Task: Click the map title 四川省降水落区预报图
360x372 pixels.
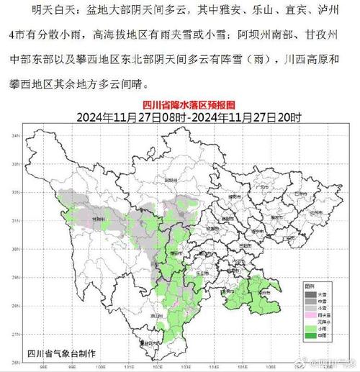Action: [x=180, y=105]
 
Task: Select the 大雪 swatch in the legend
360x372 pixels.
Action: [x=307, y=294]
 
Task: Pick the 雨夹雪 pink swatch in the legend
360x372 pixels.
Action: [x=307, y=315]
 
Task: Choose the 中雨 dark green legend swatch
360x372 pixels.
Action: [x=307, y=336]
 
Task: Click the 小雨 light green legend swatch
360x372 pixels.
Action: [x=307, y=329]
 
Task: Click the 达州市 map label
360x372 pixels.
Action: [x=311, y=214]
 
